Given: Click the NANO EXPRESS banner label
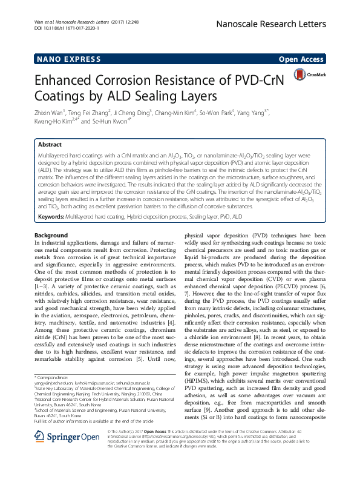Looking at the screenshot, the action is pyautogui.click(x=60, y=59).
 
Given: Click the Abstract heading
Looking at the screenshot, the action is pyautogui.click(x=50, y=145).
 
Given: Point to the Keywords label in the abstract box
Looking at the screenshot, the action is pyautogui.click(x=51, y=216).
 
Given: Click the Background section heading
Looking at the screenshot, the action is pyautogui.click(x=51, y=236).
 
